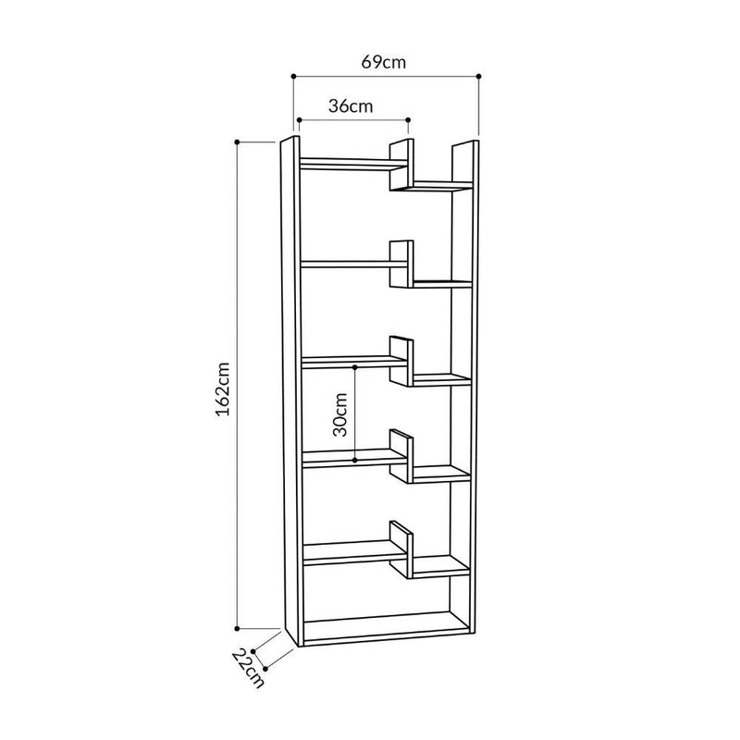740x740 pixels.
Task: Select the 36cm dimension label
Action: pyautogui.click(x=351, y=105)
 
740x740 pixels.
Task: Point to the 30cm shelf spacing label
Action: pyautogui.click(x=339, y=413)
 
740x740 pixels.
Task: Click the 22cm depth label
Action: pyautogui.click(x=248, y=669)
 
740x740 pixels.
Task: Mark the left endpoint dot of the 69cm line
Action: pyautogui.click(x=292, y=77)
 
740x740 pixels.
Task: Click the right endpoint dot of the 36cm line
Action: pyautogui.click(x=408, y=120)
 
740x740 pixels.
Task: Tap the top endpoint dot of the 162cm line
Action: pyautogui.click(x=238, y=142)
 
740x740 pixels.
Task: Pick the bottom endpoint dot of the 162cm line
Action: pyautogui.click(x=238, y=625)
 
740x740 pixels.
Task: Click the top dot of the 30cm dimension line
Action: pyautogui.click(x=356, y=367)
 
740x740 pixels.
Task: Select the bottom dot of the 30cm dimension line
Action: pyautogui.click(x=356, y=459)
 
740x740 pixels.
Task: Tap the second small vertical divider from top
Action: pyautogui.click(x=401, y=265)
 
